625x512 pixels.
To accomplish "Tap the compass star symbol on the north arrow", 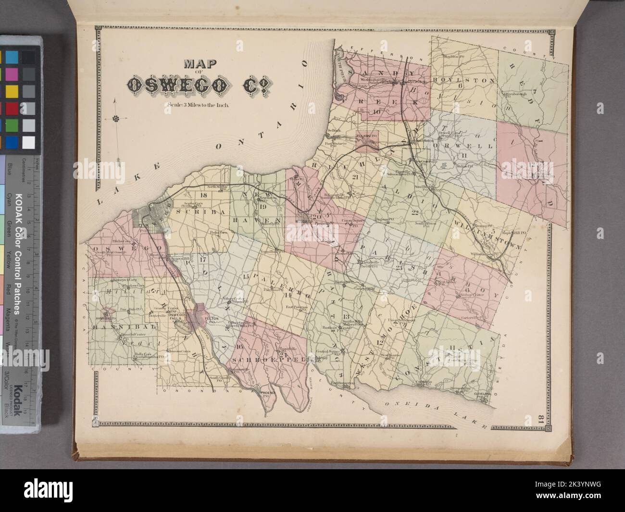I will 116,118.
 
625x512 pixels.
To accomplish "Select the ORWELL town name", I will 464,145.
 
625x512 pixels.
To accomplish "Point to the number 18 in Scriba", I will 203,195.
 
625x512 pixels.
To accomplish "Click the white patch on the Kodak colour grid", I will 29,142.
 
